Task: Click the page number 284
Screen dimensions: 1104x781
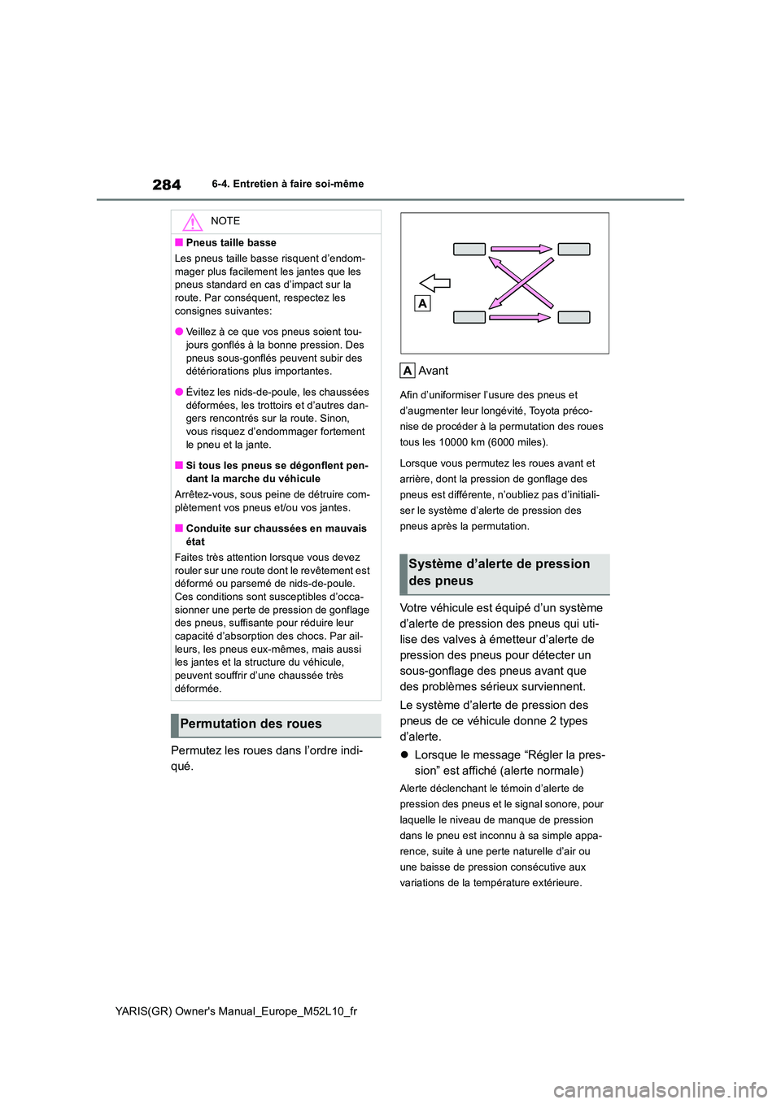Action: tap(167, 185)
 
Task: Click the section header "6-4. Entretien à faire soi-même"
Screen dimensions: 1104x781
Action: tap(287, 185)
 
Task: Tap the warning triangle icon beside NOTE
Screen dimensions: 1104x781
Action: tap(192, 221)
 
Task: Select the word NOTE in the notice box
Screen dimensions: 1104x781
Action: tap(225, 221)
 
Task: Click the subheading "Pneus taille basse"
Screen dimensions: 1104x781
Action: tap(231, 243)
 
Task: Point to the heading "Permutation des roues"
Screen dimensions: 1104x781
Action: tap(251, 724)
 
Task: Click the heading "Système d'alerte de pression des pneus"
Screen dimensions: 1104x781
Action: tap(500, 572)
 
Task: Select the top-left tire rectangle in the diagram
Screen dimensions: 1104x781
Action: tap(469, 250)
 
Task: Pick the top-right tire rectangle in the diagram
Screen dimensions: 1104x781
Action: tap(574, 250)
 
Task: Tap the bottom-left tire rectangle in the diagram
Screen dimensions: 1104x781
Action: tap(469, 317)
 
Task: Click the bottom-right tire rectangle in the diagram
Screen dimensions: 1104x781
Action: tap(574, 317)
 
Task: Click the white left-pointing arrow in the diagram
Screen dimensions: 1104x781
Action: tap(435, 283)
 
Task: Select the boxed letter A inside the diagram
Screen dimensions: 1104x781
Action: tap(422, 303)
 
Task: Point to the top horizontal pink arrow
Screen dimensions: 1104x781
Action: tap(521, 250)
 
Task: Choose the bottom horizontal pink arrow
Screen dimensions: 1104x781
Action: tap(521, 317)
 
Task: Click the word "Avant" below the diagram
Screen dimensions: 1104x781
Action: tap(434, 371)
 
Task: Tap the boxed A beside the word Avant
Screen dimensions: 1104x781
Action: tap(408, 371)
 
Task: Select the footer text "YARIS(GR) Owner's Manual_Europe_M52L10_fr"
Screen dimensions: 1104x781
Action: tap(236, 1011)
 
